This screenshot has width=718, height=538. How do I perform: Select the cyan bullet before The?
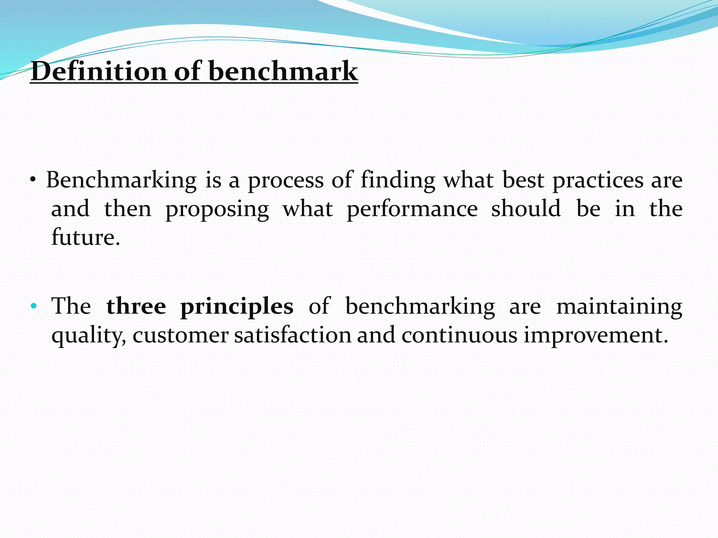pyautogui.click(x=34, y=306)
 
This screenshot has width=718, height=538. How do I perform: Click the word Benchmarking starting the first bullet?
pyautogui.click(x=121, y=180)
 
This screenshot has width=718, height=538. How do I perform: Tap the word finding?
pyautogui.click(x=398, y=180)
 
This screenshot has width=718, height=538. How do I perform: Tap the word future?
pyautogui.click(x=86, y=237)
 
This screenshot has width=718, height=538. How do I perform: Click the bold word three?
pyautogui.click(x=136, y=306)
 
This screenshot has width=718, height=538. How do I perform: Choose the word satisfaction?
pyautogui.click(x=293, y=335)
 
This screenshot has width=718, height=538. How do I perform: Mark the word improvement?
pyautogui.click(x=596, y=336)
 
